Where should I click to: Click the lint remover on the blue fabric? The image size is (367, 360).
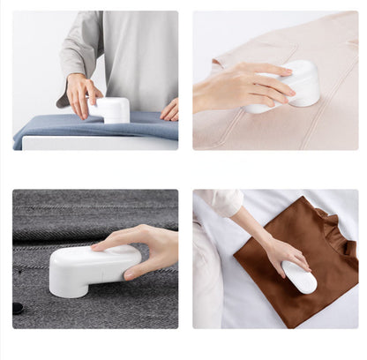[112, 109]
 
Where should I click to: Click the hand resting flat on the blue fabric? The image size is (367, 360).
[169, 109]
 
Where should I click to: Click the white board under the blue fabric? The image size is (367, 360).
[97, 143]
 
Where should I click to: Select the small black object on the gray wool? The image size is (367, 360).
[18, 308]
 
